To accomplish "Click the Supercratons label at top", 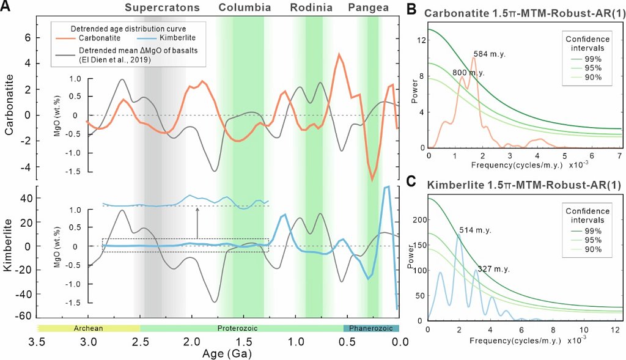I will click(163, 8).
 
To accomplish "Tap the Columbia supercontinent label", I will click(245, 8).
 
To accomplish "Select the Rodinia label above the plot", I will click(311, 8).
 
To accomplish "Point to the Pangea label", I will click(369, 8).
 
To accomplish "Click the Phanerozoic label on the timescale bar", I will click(371, 328).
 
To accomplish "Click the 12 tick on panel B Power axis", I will click(419, 40).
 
